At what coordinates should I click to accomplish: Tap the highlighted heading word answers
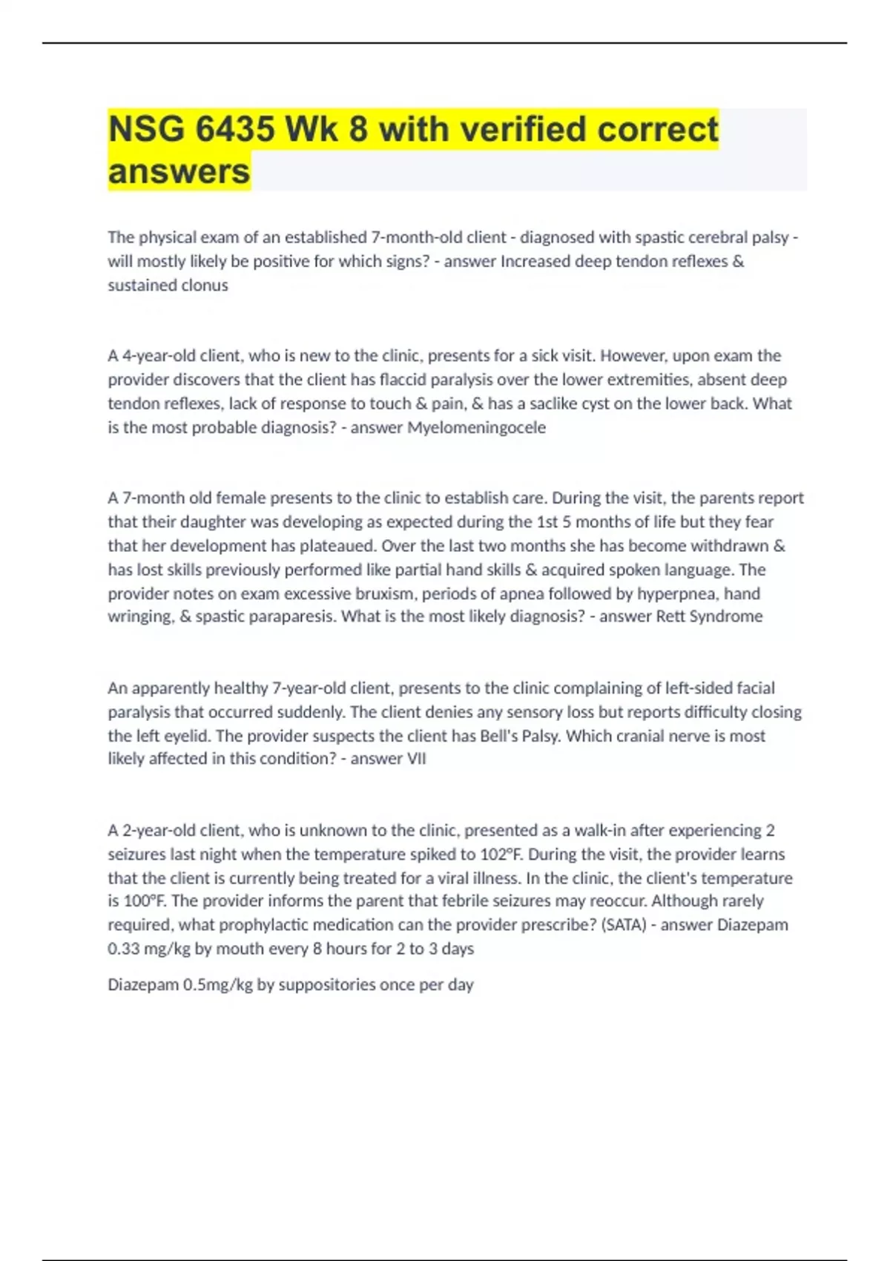click(179, 171)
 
